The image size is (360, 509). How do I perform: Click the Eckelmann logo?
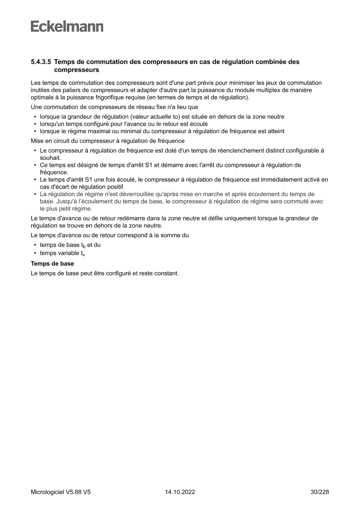pyautogui.click(x=67, y=27)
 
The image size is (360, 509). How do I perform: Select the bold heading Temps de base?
pyautogui.click(x=52, y=264)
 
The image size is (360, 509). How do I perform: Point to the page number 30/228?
pyautogui.click(x=320, y=492)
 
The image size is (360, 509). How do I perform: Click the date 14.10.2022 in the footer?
pyautogui.click(x=180, y=492)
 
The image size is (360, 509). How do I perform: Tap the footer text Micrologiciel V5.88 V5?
pyautogui.click(x=61, y=492)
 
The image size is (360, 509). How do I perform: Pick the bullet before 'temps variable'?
pyautogui.click(x=35, y=253)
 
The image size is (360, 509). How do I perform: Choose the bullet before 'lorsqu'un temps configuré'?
pyautogui.click(x=35, y=124)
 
